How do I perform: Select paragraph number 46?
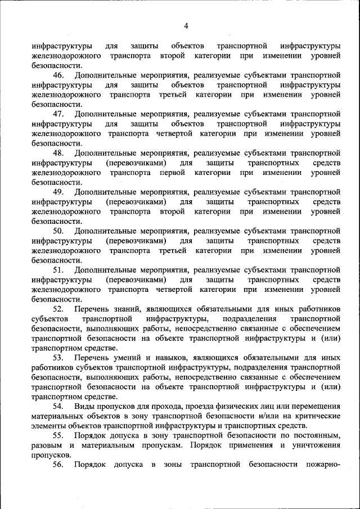point(58,75)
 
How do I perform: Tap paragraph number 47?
point(58,114)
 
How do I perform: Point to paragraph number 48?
point(58,153)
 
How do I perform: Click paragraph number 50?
point(58,231)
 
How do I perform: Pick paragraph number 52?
point(58,309)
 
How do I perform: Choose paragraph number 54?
point(58,406)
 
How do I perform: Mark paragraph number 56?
point(58,465)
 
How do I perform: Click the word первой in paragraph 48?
point(173,172)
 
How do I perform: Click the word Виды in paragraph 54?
point(84,406)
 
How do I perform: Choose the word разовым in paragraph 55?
point(48,445)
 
